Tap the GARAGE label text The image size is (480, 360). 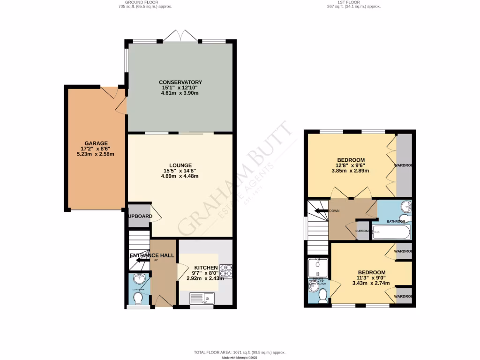click(x=96, y=143)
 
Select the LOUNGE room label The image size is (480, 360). click(x=180, y=165)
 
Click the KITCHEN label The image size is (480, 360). click(x=205, y=268)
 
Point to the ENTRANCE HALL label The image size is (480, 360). click(x=151, y=255)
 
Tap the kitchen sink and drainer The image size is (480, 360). click(x=202, y=298)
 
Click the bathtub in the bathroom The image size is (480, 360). click(x=391, y=232)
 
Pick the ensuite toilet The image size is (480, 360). click(x=322, y=295)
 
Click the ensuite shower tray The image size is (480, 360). click(x=318, y=267)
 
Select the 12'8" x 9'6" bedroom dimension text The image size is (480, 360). click(x=351, y=165)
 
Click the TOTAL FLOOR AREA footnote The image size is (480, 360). click(x=240, y=352)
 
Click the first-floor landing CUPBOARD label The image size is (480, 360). click(x=363, y=231)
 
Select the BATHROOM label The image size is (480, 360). click(x=396, y=221)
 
